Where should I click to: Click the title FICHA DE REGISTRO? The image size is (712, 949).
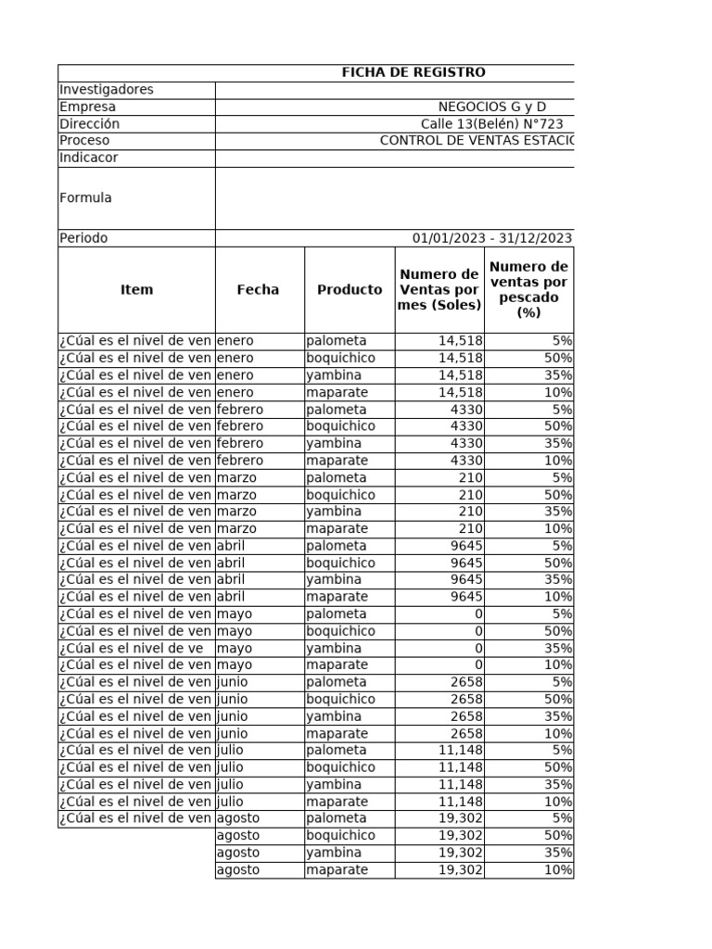tap(413, 72)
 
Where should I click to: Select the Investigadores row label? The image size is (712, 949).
tap(106, 90)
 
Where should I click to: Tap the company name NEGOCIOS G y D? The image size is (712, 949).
tap(491, 108)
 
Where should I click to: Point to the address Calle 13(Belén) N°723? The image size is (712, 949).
tap(491, 124)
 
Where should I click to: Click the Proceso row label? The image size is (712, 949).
tap(84, 141)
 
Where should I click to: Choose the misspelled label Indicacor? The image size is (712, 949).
tap(89, 158)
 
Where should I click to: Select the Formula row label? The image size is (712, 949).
tap(85, 197)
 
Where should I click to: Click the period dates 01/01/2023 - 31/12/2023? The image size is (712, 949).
tap(491, 238)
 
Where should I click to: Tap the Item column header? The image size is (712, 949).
tap(136, 289)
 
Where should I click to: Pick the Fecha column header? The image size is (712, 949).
tap(258, 289)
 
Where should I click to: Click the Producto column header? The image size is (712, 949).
tap(350, 289)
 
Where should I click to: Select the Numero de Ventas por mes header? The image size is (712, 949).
tap(439, 289)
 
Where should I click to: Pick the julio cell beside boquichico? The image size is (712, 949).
tap(231, 767)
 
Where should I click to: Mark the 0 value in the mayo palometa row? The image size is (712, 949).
tap(477, 614)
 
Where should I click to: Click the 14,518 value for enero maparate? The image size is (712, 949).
tap(460, 392)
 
